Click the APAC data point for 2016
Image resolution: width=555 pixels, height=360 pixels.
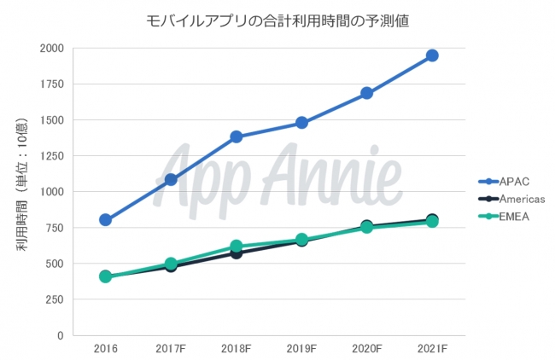(106, 220)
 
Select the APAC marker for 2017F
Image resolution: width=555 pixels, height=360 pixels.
(171, 179)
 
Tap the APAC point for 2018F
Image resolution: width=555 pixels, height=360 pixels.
(237, 136)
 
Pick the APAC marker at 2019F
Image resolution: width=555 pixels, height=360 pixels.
(301, 123)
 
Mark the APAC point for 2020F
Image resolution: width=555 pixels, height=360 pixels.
(367, 93)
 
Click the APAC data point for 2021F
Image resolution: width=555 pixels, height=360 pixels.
(432, 55)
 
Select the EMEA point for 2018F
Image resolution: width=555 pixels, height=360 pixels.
(237, 247)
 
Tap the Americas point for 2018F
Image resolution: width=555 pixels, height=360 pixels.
(237, 253)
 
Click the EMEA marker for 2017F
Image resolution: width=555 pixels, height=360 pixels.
(171, 264)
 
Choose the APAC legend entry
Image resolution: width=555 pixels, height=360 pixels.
(511, 181)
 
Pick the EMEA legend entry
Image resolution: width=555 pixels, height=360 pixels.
(511, 217)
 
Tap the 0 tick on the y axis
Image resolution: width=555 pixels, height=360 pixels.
(60, 335)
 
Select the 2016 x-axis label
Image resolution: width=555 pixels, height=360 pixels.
(106, 349)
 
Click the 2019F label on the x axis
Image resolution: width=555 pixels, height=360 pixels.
(301, 349)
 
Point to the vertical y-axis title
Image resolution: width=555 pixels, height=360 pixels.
(21, 191)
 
